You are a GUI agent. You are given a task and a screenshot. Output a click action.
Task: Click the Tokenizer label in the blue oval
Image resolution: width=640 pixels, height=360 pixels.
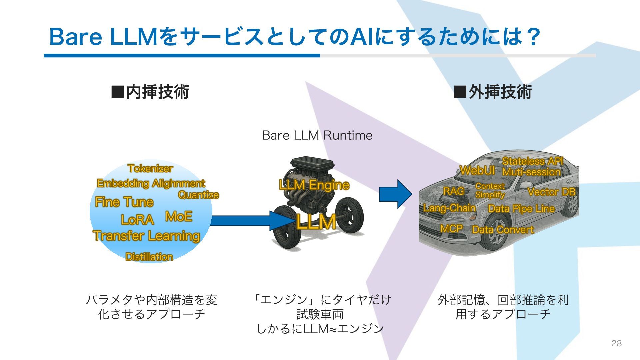tap(150, 169)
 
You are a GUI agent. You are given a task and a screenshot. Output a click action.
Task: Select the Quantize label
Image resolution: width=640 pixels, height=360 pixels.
tap(198, 195)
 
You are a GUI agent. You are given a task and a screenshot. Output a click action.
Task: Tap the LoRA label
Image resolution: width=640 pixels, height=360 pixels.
tap(137, 220)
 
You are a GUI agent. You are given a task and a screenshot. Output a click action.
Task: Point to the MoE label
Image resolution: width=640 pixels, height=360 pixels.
tap(179, 216)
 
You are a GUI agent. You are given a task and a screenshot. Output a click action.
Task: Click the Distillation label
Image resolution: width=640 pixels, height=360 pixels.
tap(149, 257)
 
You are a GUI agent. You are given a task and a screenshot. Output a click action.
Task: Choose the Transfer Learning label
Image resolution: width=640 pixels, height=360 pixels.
tap(147, 236)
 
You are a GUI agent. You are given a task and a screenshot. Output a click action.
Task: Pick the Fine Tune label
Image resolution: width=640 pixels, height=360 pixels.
tap(124, 202)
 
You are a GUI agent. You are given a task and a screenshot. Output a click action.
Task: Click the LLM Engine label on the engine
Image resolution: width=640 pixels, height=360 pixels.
tap(314, 185)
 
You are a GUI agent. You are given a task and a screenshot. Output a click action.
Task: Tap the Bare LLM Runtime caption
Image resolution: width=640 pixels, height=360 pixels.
tap(317, 135)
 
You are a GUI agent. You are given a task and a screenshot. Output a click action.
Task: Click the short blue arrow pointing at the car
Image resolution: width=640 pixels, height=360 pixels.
tap(395, 194)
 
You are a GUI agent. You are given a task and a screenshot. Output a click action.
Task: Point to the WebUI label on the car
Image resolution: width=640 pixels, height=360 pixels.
tap(477, 170)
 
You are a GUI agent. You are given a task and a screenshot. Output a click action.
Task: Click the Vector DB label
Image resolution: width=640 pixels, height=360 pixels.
tap(552, 192)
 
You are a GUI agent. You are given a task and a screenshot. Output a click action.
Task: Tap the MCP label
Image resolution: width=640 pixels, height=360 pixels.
tap(451, 229)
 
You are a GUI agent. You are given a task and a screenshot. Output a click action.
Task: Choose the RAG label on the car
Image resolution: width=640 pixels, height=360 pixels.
tap(454, 191)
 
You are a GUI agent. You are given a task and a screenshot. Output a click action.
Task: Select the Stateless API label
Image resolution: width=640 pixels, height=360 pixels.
tap(532, 161)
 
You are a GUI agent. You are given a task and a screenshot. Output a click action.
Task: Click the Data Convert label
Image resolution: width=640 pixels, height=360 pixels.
tap(503, 230)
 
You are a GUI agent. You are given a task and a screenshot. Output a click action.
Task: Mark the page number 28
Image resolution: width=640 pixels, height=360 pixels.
tap(616, 343)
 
